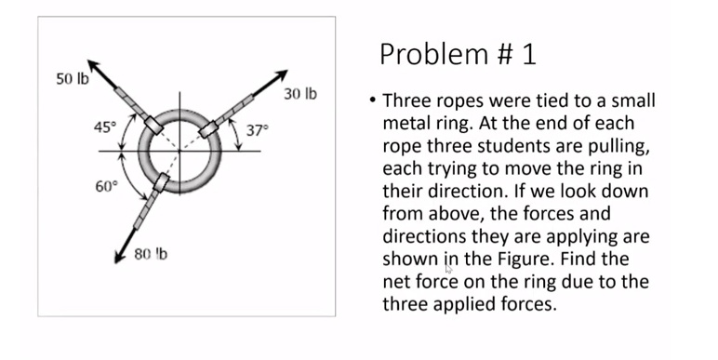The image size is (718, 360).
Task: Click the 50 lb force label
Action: click(72, 79)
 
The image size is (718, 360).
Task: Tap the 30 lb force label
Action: click(300, 94)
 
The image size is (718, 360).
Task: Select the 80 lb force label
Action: click(149, 254)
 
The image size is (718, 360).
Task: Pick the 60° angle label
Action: click(106, 186)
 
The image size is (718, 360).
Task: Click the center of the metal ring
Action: click(180, 150)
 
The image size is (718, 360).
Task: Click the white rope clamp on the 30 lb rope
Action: click(208, 127)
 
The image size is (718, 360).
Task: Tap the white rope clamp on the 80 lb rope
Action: click(162, 181)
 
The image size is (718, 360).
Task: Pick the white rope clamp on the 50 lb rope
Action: click(153, 124)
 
